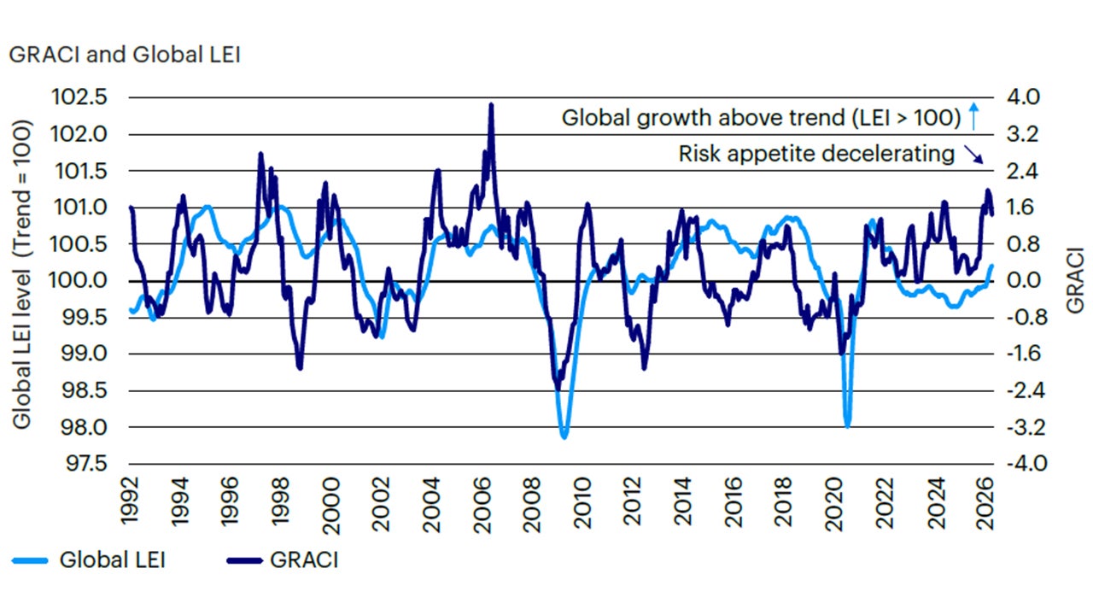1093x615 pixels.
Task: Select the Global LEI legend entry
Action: click(90, 560)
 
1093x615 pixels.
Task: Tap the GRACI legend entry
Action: click(282, 560)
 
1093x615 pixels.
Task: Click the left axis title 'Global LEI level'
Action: click(22, 273)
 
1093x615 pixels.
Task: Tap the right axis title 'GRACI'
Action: click(1074, 281)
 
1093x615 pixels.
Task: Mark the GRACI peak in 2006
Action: click(491, 104)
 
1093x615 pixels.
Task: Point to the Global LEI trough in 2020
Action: click(847, 425)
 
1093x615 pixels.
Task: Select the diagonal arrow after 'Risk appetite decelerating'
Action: click(973, 155)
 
